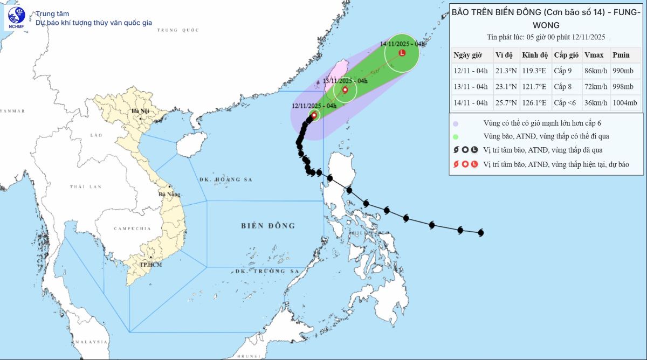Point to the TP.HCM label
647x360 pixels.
click(x=151, y=264)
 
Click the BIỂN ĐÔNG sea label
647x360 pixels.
click(x=268, y=226)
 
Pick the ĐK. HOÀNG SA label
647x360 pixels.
click(x=225, y=179)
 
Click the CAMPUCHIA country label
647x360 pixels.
click(x=132, y=229)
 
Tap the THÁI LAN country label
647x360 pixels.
click(x=85, y=186)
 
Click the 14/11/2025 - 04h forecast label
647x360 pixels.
click(x=403, y=44)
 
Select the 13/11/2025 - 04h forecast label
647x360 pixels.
click(x=345, y=81)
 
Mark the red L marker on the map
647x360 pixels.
click(x=402, y=53)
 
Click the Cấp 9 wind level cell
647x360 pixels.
click(x=564, y=71)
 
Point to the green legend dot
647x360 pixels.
click(x=456, y=136)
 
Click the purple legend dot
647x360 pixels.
click(x=456, y=123)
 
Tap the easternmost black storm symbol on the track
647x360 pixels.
click(x=481, y=233)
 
